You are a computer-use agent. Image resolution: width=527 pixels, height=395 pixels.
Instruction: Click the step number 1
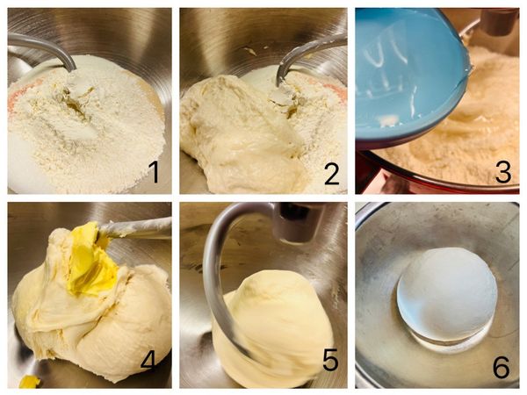(x=154, y=172)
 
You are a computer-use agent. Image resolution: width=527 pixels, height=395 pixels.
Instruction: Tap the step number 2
(x=332, y=172)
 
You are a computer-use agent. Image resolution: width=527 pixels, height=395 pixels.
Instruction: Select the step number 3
(x=502, y=172)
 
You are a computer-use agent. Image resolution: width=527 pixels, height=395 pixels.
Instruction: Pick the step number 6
(x=502, y=367)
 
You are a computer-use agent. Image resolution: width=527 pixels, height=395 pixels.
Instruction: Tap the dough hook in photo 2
(x=302, y=57)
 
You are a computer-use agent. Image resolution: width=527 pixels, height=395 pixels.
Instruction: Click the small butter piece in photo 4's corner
(x=30, y=382)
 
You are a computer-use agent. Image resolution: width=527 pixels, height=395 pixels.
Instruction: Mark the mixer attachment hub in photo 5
(x=298, y=222)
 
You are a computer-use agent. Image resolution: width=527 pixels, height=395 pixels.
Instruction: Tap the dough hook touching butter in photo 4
(x=134, y=228)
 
